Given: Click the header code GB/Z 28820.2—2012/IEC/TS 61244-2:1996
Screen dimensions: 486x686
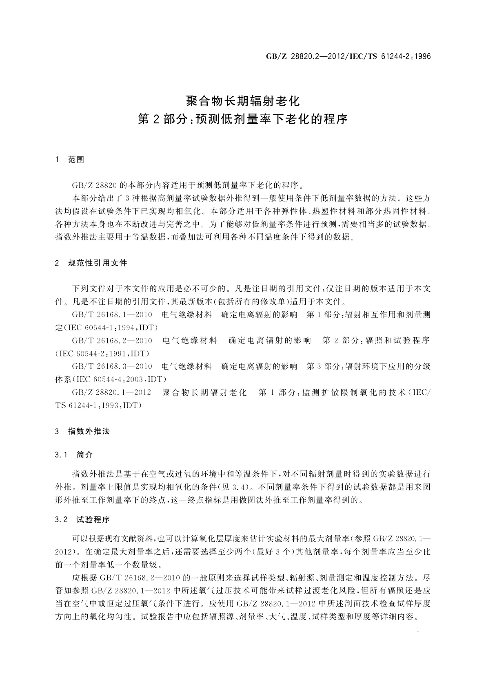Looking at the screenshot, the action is [x=348, y=57].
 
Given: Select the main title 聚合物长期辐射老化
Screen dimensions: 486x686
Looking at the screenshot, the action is [x=243, y=100].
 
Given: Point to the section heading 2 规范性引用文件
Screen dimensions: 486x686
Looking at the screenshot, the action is [x=91, y=263].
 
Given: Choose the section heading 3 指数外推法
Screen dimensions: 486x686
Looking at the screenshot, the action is [x=82, y=431].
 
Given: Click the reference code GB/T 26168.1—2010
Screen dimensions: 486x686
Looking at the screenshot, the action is [x=112, y=314].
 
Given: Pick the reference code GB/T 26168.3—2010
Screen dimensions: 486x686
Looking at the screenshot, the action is [x=112, y=366].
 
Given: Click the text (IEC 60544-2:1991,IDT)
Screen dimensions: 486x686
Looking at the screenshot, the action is [x=102, y=353].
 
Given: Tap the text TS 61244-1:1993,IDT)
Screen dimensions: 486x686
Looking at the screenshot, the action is [x=98, y=405].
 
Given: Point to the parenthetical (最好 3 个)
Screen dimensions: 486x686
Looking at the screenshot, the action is [x=267, y=552].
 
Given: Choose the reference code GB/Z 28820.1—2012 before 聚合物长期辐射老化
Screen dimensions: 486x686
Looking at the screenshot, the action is [x=111, y=392].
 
